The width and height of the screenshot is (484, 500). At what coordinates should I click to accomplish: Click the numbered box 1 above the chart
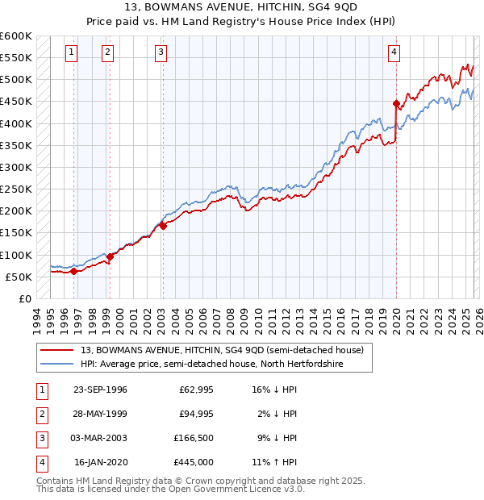tap(72, 52)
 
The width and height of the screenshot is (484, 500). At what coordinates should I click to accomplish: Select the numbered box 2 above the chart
tap(107, 52)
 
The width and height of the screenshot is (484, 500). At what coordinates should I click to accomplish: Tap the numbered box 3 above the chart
tap(161, 52)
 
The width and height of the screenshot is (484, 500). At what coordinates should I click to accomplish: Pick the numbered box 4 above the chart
tap(394, 52)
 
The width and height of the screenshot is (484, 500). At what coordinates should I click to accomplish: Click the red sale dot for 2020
tap(396, 103)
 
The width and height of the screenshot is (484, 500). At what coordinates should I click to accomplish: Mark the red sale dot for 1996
tap(73, 271)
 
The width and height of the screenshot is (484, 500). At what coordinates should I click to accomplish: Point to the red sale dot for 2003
tap(163, 226)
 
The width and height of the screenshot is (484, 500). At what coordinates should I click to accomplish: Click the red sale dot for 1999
tap(110, 256)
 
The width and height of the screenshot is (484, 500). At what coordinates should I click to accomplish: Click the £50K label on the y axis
tap(19, 277)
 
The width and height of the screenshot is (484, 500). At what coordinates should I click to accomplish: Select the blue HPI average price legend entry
tap(211, 365)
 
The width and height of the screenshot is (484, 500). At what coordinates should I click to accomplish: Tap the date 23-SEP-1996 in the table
tap(100, 390)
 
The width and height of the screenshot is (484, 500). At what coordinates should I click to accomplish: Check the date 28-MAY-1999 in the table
tap(100, 414)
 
